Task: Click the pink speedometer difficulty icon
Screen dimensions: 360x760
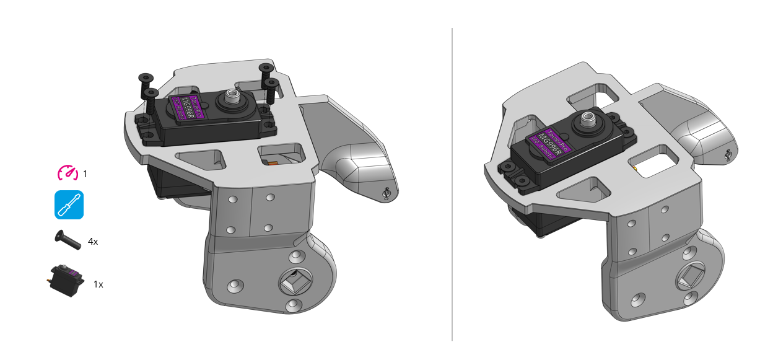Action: coord(68,173)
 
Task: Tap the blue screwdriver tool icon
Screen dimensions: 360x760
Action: coord(69,205)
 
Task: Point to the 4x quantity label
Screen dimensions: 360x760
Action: coord(93,242)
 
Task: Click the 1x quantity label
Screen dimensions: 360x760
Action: coord(98,284)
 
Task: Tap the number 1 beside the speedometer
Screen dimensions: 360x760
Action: coord(85,174)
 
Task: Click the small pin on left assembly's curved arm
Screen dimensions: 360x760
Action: coord(387,193)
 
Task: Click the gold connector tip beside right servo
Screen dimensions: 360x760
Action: coord(636,168)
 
